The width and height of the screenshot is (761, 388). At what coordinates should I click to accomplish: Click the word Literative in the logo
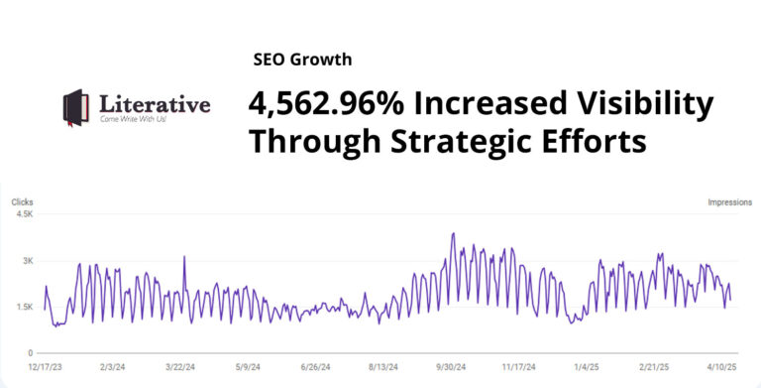coord(155,103)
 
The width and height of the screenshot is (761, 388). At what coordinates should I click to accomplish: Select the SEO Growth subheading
coord(302,61)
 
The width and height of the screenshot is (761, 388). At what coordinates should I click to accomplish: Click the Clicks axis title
coord(22,202)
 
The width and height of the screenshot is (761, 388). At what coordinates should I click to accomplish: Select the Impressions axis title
coord(730,202)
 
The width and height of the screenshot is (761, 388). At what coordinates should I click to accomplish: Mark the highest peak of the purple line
coord(453,234)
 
